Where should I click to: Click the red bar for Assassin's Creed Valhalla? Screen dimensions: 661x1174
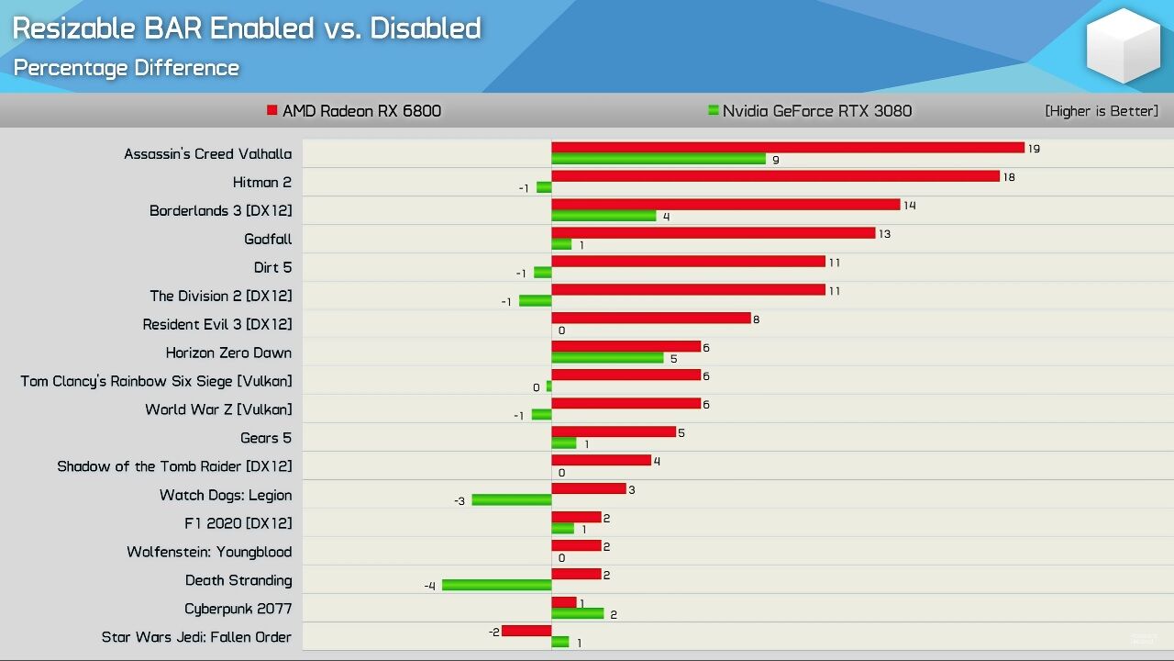[787, 148]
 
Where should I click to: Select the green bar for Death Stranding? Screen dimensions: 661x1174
[496, 585]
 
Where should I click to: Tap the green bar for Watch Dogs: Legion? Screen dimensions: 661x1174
[511, 499]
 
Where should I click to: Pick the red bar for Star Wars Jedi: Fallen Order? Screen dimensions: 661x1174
[526, 631]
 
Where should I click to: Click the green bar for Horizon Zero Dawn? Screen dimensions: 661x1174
[607, 357]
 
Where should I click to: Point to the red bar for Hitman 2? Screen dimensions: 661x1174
[775, 176]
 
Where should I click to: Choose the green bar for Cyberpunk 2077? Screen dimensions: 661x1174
[578, 613]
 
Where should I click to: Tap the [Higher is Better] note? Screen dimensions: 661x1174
[1101, 111]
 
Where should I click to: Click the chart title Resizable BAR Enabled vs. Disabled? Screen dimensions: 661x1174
[247, 28]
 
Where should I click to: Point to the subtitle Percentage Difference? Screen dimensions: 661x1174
[126, 68]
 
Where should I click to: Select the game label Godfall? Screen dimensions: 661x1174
[268, 240]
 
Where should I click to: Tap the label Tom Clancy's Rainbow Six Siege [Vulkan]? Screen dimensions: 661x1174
[156, 381]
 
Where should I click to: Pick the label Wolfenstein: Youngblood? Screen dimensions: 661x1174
[209, 552]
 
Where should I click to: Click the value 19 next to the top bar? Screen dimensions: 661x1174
[1034, 149]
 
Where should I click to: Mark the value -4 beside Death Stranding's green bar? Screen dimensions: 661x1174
[429, 586]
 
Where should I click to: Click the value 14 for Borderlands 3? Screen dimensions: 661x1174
[910, 206]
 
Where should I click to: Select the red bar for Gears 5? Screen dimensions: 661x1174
[613, 431]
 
